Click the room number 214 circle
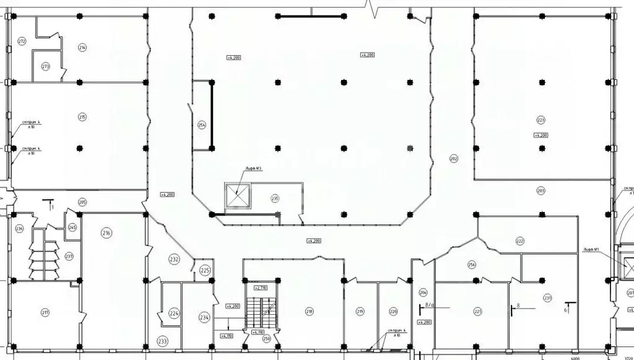82,48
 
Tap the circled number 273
46,66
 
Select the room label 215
82,116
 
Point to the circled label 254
201,125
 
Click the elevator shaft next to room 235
237,196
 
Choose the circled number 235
275,198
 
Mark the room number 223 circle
541,120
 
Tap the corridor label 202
453,159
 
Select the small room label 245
72,228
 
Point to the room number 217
45,312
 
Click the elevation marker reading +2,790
260,288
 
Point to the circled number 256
472,265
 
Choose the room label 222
520,240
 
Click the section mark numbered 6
567,308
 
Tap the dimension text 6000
575,357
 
